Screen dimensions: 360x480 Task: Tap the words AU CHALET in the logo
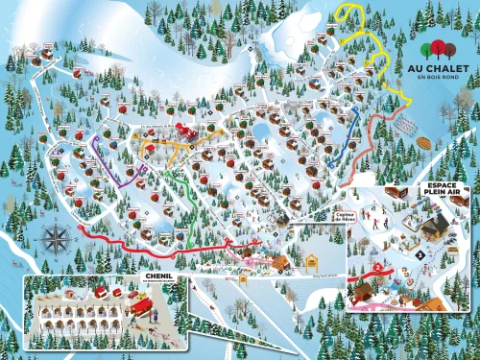[442, 69]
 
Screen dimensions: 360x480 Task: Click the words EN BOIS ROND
[442, 79]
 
